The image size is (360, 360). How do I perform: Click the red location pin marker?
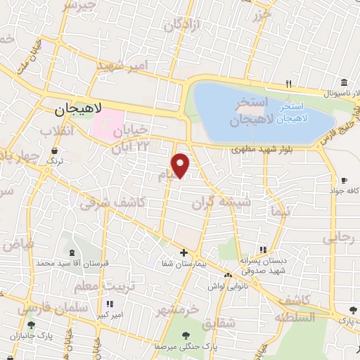point(181,165)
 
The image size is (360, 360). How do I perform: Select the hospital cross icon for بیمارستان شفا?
point(184,252)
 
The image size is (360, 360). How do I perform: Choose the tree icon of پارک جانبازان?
point(31,324)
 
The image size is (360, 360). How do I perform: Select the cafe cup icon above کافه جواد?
point(344,180)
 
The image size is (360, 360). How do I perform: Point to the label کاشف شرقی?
point(103,203)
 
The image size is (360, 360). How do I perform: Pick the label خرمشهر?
point(178,309)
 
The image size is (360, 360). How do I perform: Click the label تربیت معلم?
point(103,286)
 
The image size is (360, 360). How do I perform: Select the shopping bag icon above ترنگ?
point(54,151)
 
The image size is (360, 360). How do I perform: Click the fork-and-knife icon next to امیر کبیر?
point(109,304)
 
